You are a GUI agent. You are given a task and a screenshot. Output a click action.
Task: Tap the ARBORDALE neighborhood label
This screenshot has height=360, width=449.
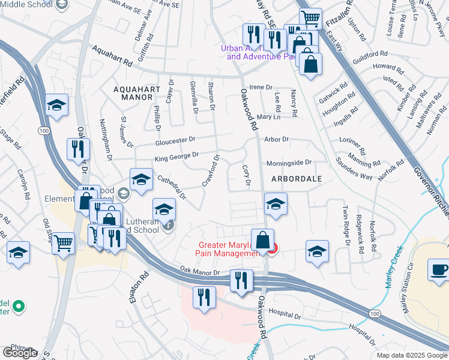coord(296,179)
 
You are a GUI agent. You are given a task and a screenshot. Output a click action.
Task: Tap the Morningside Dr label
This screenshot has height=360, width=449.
coord(289,163)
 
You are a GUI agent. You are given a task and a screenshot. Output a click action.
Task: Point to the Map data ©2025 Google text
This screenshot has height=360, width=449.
coord(411,355)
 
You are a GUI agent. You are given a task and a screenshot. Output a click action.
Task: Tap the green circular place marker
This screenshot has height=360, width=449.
coord(19,307)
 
